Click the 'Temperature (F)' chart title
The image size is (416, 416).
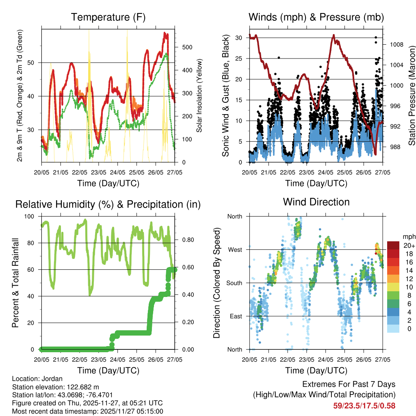[x=108, y=17]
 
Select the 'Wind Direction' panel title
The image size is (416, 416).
[x=316, y=201]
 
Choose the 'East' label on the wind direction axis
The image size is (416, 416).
[x=236, y=316]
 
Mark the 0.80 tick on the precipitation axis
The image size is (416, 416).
[x=184, y=240]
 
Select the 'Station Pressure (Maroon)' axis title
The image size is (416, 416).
[x=412, y=90]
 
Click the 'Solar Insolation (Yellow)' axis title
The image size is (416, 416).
[x=199, y=96]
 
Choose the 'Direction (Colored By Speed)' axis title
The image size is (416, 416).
[x=217, y=283]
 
